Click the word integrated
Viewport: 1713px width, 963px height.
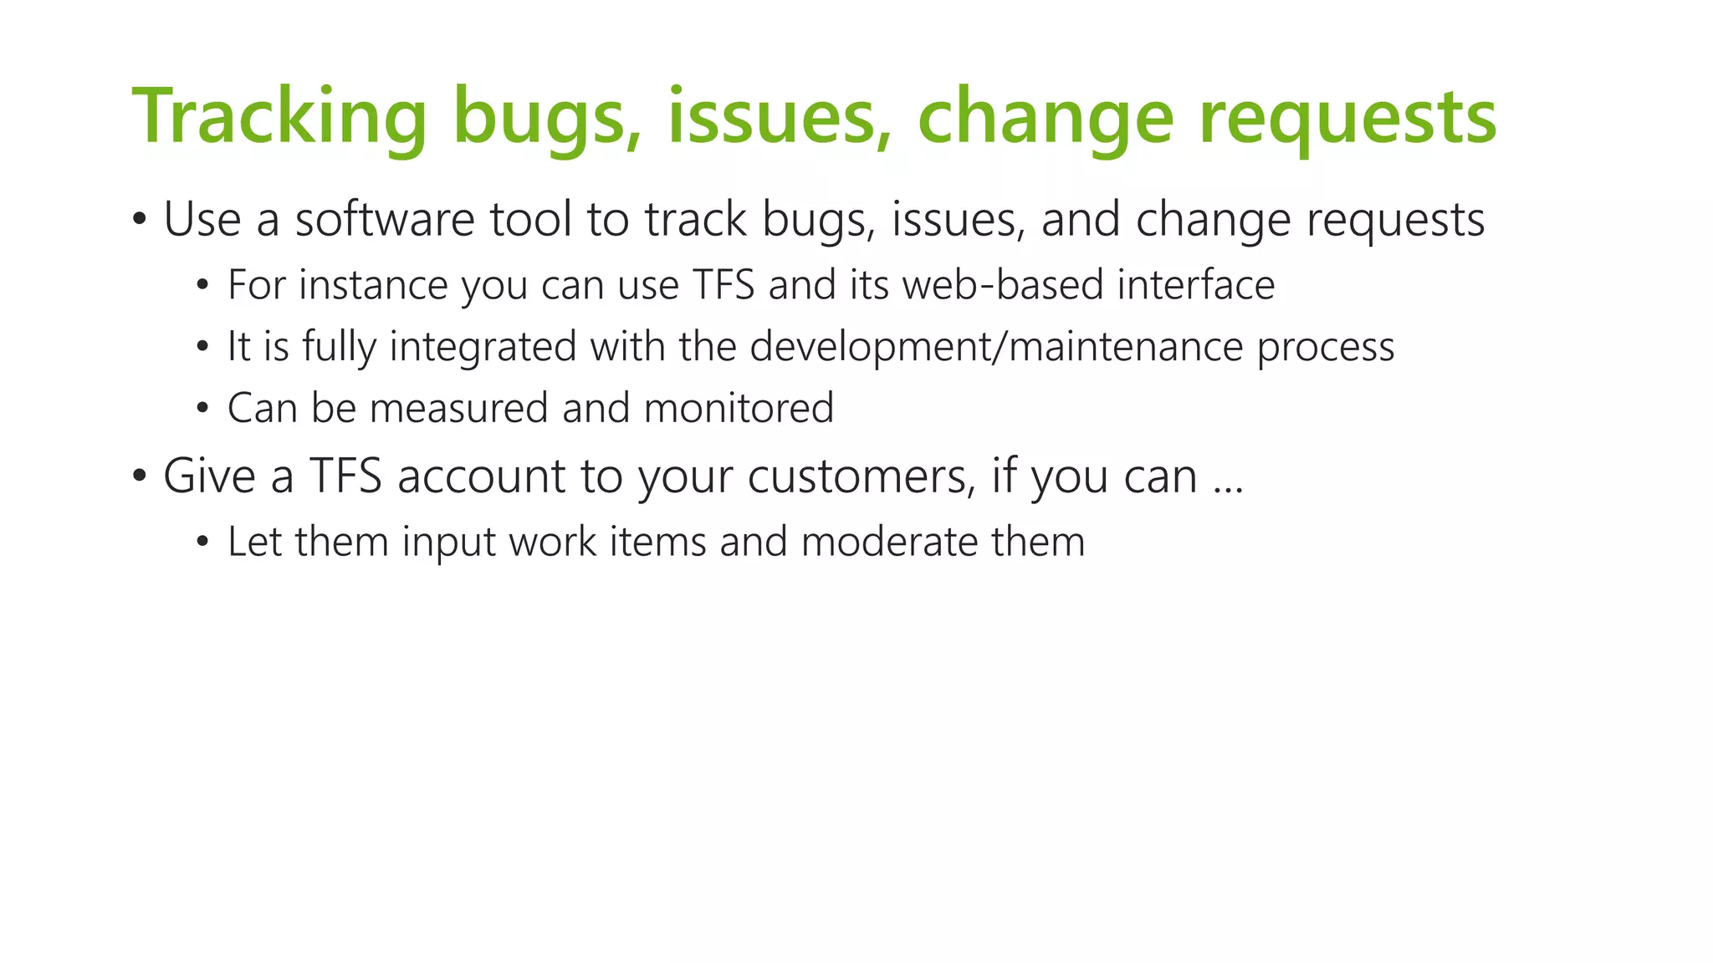click(483, 347)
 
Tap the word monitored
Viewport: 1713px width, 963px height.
click(739, 409)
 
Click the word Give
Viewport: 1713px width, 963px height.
click(209, 476)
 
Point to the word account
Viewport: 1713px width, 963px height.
click(482, 476)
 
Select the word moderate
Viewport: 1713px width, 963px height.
click(889, 542)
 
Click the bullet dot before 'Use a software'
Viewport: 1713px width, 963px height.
click(140, 221)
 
